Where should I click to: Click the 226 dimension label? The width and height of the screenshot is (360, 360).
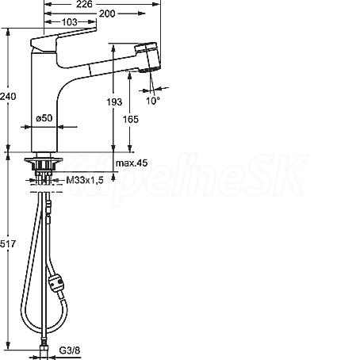(84, 4)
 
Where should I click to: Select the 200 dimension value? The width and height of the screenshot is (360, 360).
(107, 13)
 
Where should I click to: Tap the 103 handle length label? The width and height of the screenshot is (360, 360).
(69, 22)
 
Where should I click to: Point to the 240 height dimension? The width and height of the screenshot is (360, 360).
(8, 96)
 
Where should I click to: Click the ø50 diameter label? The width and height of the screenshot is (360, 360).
(44, 118)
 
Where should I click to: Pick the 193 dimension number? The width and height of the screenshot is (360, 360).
(114, 101)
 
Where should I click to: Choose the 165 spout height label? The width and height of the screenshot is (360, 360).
(131, 120)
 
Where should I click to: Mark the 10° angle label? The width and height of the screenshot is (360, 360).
(153, 101)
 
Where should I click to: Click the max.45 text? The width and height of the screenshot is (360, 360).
(132, 163)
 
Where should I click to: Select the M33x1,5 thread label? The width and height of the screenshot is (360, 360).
(85, 181)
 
